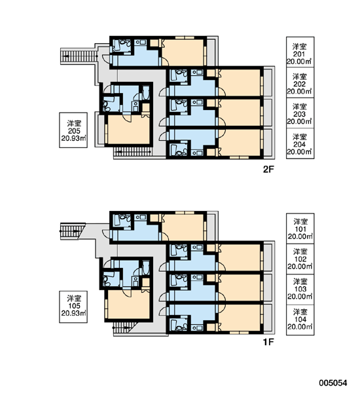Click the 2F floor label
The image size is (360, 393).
point(268,170)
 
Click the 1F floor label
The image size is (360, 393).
point(268,342)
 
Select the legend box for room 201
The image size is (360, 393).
point(300,52)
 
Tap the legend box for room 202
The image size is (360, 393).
point(300,83)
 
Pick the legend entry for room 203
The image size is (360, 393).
point(300,113)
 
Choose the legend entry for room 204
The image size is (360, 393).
point(300,143)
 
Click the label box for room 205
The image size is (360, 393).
point(73,130)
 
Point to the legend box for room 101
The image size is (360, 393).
point(300,229)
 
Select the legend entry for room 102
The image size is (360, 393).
point(300,259)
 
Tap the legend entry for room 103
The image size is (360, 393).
point(300,290)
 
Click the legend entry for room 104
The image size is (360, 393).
point(300,320)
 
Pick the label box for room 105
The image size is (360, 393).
point(73,307)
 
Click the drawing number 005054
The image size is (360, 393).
point(333,383)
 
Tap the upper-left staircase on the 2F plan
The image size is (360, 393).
point(79,56)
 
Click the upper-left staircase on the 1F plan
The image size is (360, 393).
point(73,231)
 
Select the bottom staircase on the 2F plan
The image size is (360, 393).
point(133,152)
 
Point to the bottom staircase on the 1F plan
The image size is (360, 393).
point(124,328)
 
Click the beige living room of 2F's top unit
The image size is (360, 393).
point(183,52)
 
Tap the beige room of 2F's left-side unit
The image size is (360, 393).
point(128,129)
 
